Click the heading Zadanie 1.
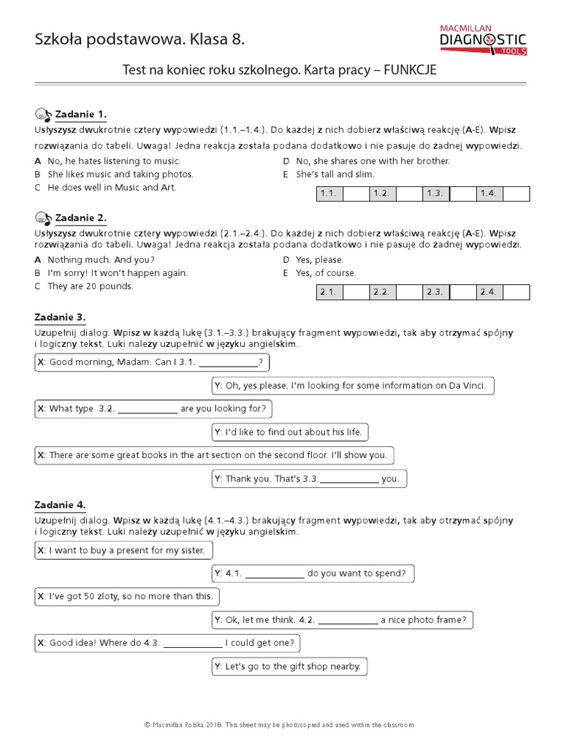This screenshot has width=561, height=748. point(81,114)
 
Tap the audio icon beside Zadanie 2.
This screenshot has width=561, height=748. point(43,218)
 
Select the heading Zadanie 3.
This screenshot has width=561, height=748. point(60,317)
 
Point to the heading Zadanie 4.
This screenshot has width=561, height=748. point(60,505)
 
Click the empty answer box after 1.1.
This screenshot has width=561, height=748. point(355,194)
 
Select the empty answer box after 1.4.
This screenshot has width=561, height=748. point(516,194)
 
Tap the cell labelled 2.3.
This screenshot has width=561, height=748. point(435,292)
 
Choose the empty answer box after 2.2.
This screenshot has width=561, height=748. point(409,292)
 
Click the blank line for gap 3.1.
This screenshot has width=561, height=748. point(229,363)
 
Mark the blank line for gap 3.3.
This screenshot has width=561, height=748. point(349,480)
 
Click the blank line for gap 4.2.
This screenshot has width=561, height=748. point(348,621)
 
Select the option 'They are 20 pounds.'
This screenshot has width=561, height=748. point(91,286)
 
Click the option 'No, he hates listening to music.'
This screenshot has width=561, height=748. point(113,161)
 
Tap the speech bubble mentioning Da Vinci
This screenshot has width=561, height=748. point(354,386)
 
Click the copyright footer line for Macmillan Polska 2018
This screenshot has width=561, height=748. point(280,725)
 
